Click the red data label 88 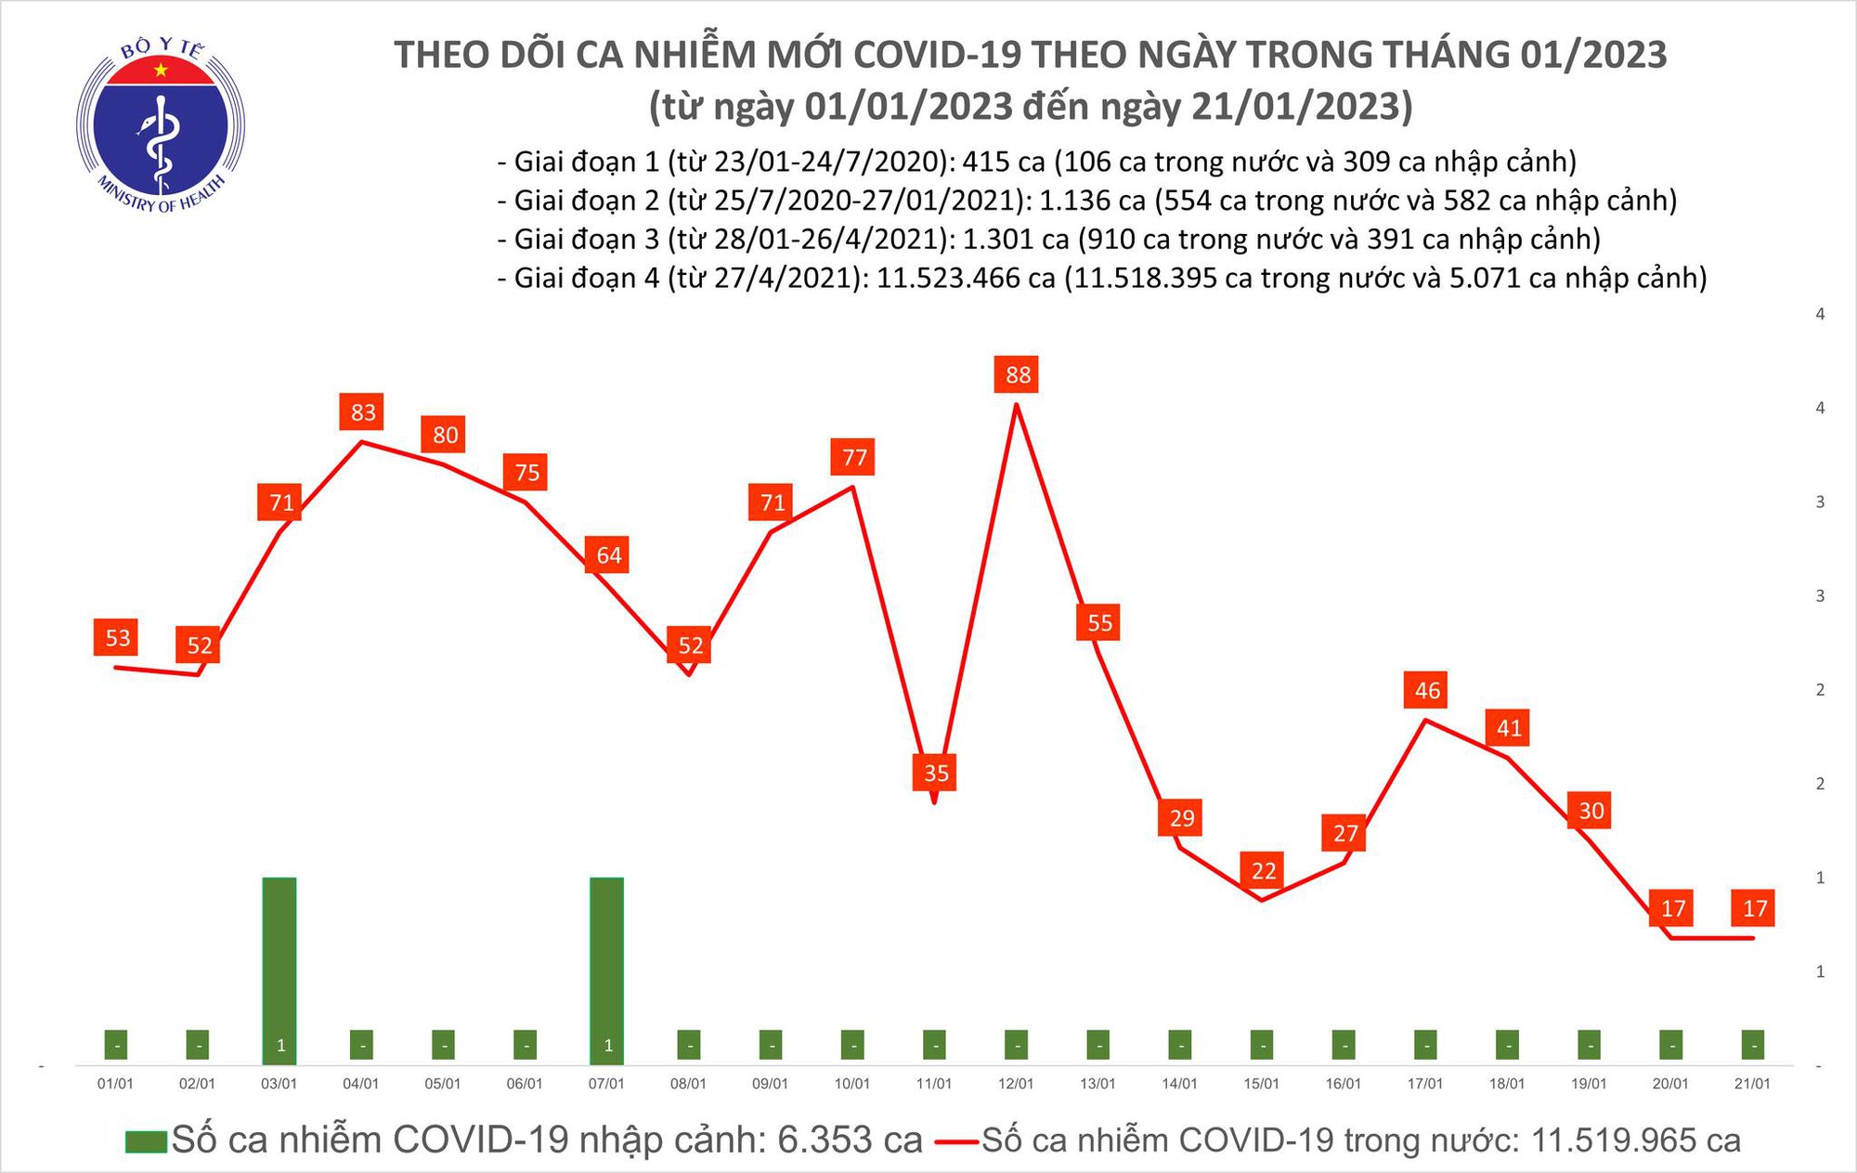[x=1018, y=375]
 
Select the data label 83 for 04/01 [x=363, y=412]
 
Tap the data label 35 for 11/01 [x=936, y=773]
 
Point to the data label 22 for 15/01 [x=1264, y=871]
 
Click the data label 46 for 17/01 [x=1427, y=691]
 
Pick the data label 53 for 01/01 [x=118, y=638]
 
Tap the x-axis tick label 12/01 [x=1016, y=1084]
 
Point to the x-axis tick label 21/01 [x=1752, y=1084]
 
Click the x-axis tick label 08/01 [x=688, y=1084]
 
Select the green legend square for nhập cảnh [x=146, y=1141]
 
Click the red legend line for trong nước [x=956, y=1141]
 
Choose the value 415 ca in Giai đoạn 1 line [x=1003, y=162]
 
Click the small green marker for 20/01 [x=1670, y=1045]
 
